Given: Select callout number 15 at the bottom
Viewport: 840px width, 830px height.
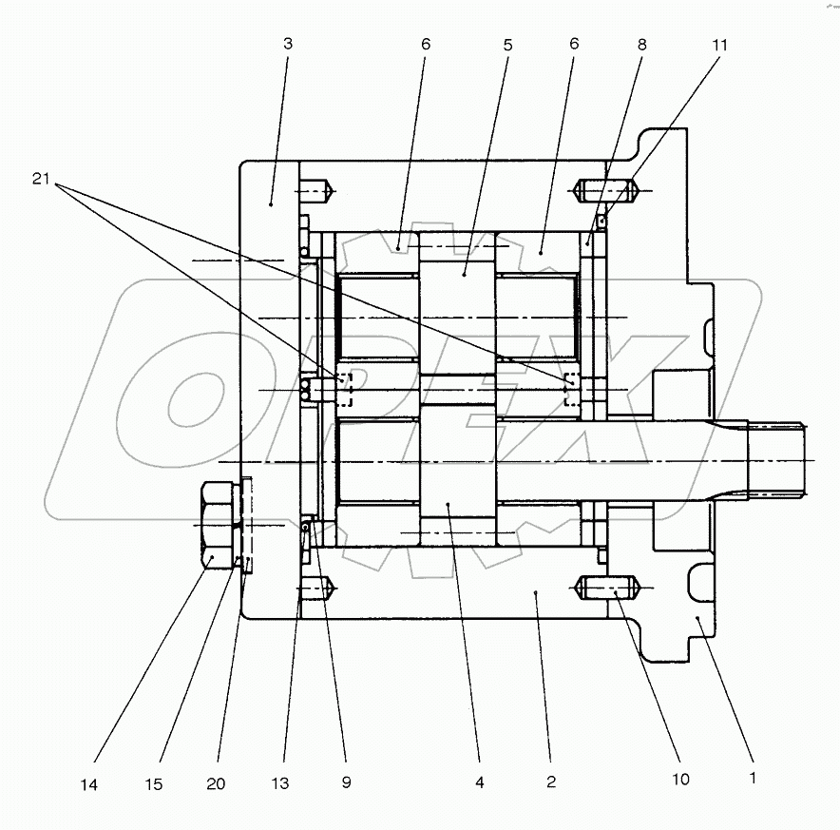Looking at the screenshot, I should (154, 784).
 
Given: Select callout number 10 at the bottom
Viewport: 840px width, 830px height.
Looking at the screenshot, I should (679, 780).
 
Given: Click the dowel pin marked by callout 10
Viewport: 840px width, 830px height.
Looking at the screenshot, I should (608, 589).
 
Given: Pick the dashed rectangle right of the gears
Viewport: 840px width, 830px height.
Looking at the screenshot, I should (572, 390).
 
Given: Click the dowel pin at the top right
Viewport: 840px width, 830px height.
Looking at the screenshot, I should (608, 193).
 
